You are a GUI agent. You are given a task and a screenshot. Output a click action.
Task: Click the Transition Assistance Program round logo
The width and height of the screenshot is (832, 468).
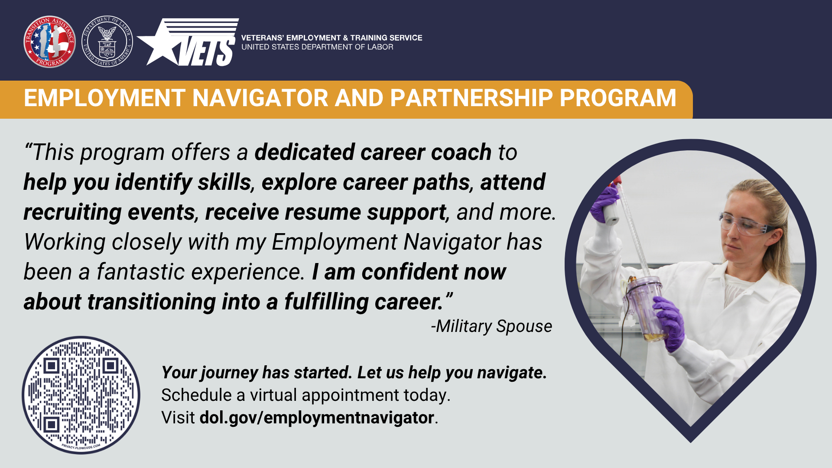pos(49,42)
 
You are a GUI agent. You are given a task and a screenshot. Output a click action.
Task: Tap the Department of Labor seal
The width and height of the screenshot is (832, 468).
pos(107,42)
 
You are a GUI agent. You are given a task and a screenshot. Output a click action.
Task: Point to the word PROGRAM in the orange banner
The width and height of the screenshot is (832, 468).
pos(618,98)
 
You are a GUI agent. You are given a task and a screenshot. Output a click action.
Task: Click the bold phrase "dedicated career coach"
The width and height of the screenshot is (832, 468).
pos(373,153)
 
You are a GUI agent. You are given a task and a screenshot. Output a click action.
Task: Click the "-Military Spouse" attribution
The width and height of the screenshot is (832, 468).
pos(491,326)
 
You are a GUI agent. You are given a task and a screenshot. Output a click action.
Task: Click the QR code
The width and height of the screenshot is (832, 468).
pos(81,395)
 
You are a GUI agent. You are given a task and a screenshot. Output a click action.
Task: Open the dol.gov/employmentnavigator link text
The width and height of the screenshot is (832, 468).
pos(317,418)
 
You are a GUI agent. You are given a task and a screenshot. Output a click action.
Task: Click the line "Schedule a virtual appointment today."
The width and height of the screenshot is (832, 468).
pos(306,395)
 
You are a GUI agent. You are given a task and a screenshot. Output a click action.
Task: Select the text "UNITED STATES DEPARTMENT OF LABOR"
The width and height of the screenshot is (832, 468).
pos(317,47)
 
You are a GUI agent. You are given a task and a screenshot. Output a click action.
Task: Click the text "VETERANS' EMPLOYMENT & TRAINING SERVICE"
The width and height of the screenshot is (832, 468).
pos(331,38)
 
